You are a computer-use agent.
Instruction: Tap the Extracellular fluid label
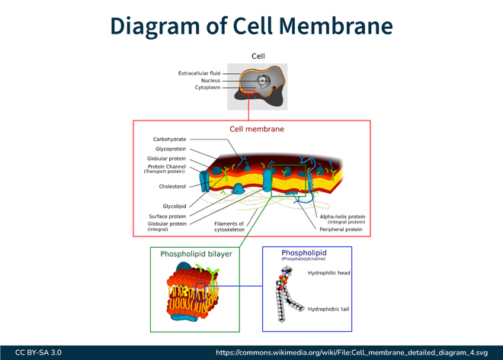tap(199, 73)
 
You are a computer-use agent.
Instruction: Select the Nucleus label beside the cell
tap(210, 80)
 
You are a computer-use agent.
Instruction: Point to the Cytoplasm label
tap(207, 88)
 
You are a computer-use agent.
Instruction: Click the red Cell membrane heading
tap(257, 129)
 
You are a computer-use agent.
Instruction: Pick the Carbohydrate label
tap(168, 140)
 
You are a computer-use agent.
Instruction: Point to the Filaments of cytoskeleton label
tap(229, 227)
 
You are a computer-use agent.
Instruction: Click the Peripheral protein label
tap(341, 229)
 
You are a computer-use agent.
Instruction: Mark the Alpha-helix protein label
tap(342, 216)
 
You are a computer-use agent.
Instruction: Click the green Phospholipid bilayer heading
tap(196, 254)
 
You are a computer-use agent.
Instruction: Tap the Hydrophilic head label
tap(328, 272)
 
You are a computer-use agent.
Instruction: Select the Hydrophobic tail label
tap(328, 309)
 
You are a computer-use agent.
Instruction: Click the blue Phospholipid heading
tap(303, 252)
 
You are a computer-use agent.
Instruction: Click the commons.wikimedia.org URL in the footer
tap(351, 352)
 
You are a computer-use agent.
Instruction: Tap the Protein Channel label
tap(167, 167)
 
